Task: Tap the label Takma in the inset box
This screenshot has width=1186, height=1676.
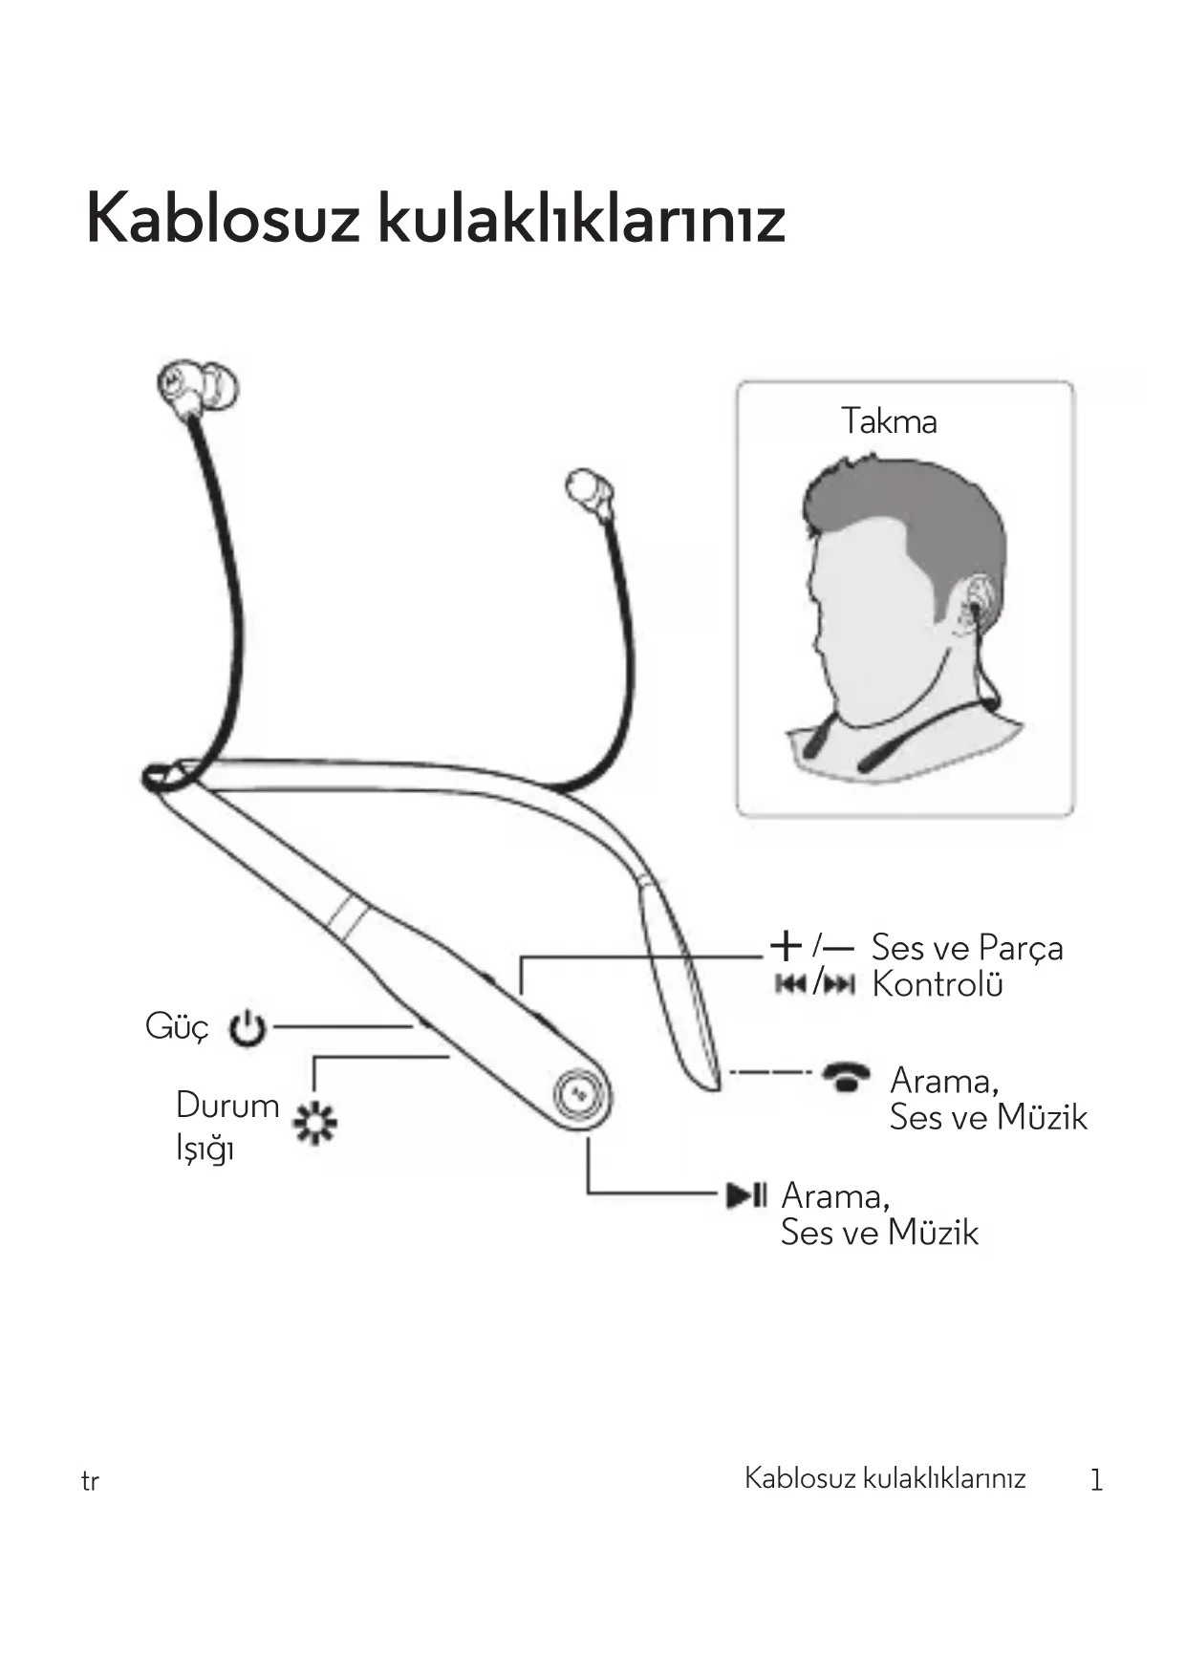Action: [x=889, y=421]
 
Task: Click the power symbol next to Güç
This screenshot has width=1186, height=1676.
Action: [x=248, y=1028]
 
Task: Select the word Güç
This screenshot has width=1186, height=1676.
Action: [x=177, y=1027]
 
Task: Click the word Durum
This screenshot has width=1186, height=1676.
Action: [x=227, y=1106]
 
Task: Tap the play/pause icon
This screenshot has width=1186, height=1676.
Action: [x=746, y=1194]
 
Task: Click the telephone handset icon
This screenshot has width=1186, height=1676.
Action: [x=847, y=1077]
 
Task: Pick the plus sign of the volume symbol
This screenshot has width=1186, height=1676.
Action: [x=785, y=946]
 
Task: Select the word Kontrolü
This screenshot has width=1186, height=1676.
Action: [x=938, y=984]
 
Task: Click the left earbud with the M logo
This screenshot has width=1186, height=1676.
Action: [x=196, y=389]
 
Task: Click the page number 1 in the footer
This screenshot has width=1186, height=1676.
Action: [x=1096, y=1480]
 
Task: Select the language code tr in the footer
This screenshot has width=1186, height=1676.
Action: [x=90, y=1482]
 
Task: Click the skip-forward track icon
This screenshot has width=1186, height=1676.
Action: [x=838, y=984]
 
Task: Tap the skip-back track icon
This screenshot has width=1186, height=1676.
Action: [x=790, y=984]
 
